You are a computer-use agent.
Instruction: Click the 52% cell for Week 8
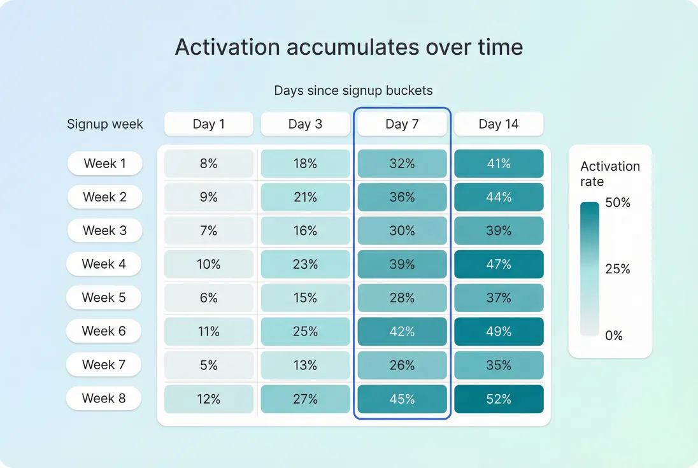tap(499, 399)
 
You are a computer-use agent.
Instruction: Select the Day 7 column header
tap(402, 124)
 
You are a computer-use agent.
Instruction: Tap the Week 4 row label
tap(104, 264)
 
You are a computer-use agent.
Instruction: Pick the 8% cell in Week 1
tap(209, 164)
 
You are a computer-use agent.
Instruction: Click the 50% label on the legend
tap(617, 203)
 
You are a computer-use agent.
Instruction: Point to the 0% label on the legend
tap(614, 336)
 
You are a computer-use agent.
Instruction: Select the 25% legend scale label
tap(617, 269)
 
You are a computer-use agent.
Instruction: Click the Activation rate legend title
tap(609, 174)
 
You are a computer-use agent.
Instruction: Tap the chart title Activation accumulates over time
tap(349, 47)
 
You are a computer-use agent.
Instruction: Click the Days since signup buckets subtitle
tap(353, 90)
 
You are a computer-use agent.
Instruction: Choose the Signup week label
tap(105, 124)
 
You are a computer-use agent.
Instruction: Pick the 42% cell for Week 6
tap(402, 332)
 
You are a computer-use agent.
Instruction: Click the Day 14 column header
tap(499, 124)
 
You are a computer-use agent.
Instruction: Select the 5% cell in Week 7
tap(209, 365)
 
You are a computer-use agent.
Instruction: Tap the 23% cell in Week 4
tap(305, 264)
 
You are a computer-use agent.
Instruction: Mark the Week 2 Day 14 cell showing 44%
tap(499, 197)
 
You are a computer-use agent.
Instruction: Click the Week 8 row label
tap(104, 399)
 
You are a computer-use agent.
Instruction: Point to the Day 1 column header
tap(209, 124)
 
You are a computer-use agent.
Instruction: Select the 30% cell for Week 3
tap(402, 231)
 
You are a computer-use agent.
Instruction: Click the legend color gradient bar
tap(590, 269)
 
